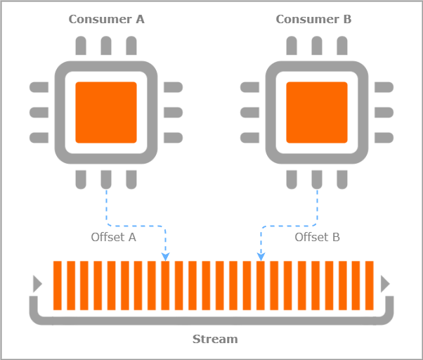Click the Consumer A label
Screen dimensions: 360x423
click(106, 19)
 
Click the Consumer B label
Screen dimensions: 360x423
click(313, 19)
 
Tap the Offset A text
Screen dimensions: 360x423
click(113, 237)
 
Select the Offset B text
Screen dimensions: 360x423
click(317, 237)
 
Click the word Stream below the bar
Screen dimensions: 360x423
click(215, 339)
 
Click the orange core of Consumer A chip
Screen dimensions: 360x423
click(106, 112)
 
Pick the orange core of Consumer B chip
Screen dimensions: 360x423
click(317, 112)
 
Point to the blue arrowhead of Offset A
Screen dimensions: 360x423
click(166, 256)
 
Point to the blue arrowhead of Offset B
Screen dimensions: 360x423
click(260, 256)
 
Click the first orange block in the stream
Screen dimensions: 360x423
click(58, 285)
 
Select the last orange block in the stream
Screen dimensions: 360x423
click(370, 285)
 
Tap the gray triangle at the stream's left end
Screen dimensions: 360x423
click(37, 283)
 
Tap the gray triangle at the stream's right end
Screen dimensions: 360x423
click(384, 283)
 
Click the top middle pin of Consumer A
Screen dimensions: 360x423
click(106, 46)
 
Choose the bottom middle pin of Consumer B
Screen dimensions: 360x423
click(317, 179)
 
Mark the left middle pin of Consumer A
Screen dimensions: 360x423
click(39, 112)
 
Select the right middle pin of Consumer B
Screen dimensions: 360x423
click(383, 112)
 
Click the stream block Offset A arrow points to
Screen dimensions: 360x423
click(166, 285)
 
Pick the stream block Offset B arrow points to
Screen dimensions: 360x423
click(261, 285)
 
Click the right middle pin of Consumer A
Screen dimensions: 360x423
click(172, 112)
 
